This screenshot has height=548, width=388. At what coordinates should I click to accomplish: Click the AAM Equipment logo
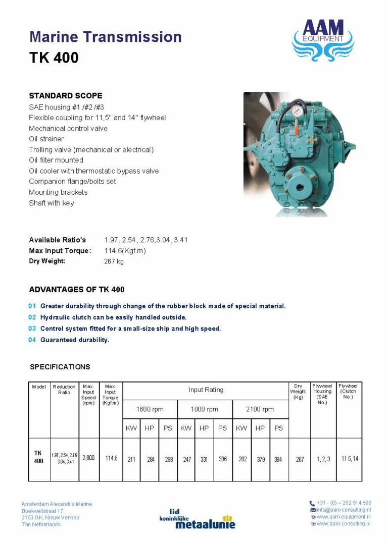[323, 40]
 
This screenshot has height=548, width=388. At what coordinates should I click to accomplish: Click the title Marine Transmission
[105, 37]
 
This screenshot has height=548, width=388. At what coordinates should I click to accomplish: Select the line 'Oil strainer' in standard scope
[46, 139]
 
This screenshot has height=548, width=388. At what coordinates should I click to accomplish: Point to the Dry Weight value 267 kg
[114, 261]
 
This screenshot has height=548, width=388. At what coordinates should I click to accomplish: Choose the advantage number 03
[32, 328]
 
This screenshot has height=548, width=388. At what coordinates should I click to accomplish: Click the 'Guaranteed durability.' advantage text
[75, 340]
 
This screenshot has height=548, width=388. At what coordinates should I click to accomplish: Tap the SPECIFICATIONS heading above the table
[60, 367]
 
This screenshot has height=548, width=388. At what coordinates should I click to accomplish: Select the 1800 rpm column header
[205, 409]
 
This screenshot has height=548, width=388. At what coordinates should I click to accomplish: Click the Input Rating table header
[206, 390]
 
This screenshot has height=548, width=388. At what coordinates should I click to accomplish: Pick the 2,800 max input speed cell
[88, 459]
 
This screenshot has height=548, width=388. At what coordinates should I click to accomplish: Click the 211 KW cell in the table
[131, 459]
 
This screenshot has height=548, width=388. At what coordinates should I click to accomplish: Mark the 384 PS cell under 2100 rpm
[278, 459]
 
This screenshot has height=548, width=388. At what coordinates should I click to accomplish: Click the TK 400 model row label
[38, 457]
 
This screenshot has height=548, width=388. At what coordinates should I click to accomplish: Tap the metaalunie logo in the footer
[198, 518]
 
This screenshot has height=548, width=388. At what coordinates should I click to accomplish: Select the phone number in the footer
[344, 503]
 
